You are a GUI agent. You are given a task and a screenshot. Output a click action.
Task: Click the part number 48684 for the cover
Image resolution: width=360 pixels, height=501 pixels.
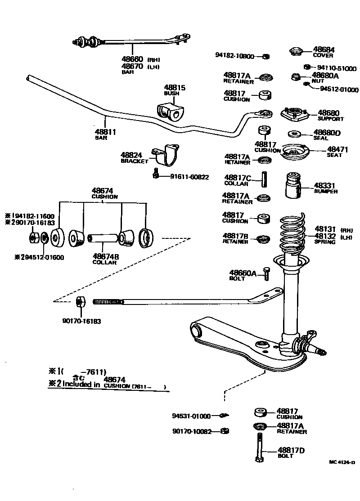[324, 49]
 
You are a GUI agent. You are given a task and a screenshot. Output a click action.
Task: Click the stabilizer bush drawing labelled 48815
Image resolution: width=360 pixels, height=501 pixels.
[171, 111]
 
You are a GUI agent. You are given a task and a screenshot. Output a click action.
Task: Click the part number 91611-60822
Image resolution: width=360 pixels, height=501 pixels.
[189, 177]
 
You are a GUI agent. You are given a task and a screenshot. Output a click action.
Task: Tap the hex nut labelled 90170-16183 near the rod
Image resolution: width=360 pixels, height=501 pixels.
[80, 302]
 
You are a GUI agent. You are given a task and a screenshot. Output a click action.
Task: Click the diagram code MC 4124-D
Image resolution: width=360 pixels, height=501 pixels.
[342, 462]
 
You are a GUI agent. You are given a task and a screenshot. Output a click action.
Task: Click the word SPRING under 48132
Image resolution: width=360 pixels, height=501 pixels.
[325, 242]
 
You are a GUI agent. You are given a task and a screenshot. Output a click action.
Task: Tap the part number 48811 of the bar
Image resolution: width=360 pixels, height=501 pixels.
[105, 132]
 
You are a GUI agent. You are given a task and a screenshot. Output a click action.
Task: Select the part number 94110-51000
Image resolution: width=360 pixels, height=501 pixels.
[337, 69]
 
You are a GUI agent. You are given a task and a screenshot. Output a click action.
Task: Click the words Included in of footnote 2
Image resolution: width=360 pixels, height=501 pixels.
[81, 384]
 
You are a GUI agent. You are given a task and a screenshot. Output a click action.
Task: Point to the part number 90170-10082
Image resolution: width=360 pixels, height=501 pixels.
[191, 431]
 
